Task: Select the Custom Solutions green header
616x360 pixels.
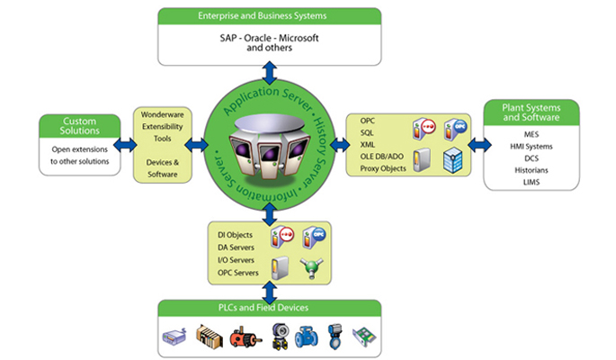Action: point(80,126)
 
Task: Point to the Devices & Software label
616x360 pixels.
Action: point(163,167)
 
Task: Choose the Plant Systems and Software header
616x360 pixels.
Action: point(531,113)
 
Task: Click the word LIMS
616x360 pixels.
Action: point(531,183)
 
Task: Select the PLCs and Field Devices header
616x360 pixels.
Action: point(269,309)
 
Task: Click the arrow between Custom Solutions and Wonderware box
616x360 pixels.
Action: point(126,144)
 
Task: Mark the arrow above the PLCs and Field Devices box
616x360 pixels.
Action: point(267,290)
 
